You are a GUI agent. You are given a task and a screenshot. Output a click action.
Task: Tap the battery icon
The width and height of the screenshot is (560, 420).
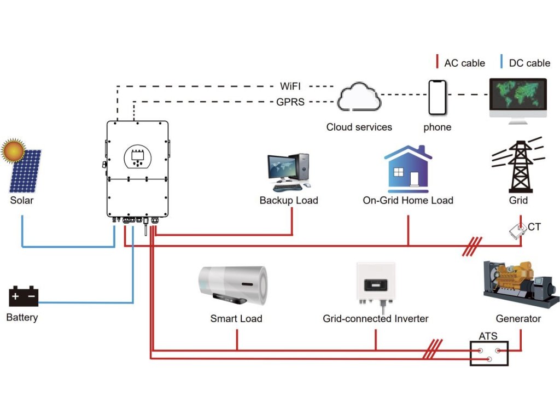click(24, 296)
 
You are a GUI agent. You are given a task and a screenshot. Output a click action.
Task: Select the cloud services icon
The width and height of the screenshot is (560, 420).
click(358, 98)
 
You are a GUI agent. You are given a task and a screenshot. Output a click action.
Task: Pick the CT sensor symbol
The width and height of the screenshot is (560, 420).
click(517, 232)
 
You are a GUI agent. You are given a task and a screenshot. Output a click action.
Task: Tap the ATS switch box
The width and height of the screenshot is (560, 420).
click(489, 353)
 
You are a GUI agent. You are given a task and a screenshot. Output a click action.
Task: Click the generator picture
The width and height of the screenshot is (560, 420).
click(518, 284)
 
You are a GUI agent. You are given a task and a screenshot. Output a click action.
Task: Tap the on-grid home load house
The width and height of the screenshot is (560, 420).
click(408, 167)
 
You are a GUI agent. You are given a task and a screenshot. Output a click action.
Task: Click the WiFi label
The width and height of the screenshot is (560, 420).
click(290, 86)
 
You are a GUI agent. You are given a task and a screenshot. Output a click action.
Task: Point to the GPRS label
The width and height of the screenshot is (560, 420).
click(290, 102)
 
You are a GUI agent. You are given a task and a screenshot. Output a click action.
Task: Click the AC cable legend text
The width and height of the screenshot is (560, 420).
click(464, 63)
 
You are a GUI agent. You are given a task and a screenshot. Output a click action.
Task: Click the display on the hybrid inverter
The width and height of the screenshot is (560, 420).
click(137, 157)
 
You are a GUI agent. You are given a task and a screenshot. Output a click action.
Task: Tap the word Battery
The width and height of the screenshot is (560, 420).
click(22, 317)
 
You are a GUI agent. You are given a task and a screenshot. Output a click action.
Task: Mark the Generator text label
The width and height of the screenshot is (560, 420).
click(518, 318)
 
